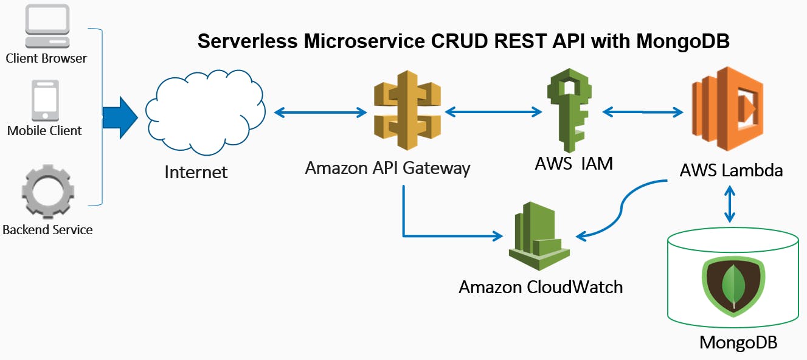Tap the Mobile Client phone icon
coord(45,100)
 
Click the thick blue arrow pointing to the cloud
coord(120,117)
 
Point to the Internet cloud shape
coord(204,112)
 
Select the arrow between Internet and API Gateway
coord(320,112)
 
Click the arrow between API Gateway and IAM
coord(493,112)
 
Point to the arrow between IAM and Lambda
coord(643,112)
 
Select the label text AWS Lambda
coord(731,170)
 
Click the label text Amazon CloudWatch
coord(540,286)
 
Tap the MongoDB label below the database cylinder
coord(738,342)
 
